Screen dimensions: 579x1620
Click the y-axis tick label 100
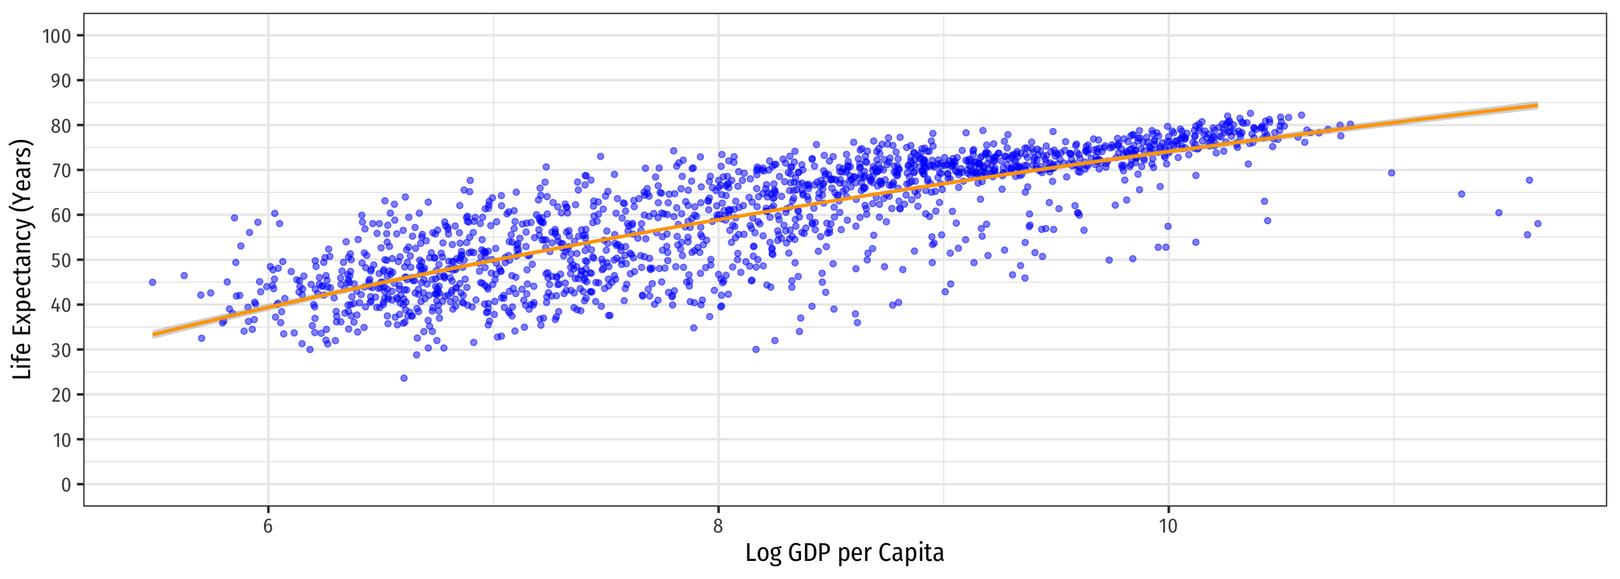click(57, 36)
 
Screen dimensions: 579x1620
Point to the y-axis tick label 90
click(60, 81)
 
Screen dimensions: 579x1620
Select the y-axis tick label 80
click(60, 125)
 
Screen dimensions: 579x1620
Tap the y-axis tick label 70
click(60, 171)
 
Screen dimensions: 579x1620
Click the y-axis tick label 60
click(60, 215)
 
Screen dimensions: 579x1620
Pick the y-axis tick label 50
click(60, 260)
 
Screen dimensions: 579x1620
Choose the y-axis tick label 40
click(60, 305)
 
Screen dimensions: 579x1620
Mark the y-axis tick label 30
click(60, 350)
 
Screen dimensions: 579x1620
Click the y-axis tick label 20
click(60, 394)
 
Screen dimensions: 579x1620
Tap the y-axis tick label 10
click(60, 440)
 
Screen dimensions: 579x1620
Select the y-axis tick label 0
click(66, 484)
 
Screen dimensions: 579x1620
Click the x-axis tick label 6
click(268, 526)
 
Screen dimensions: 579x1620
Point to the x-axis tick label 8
click(718, 526)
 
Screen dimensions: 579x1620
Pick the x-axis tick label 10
click(1168, 526)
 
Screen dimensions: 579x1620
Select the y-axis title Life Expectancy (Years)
click(22, 259)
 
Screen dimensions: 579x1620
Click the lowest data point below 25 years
click(404, 378)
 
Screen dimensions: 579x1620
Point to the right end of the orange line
click(1537, 105)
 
